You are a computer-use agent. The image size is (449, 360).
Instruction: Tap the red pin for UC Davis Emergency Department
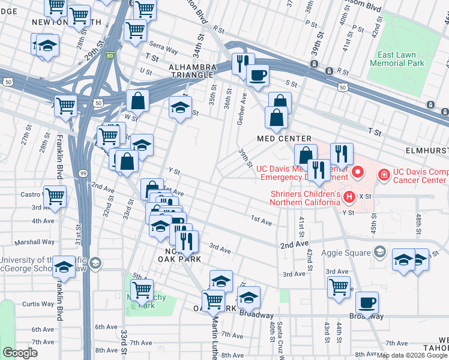coord(358,173)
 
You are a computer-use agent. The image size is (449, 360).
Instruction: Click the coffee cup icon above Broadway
coord(367,302)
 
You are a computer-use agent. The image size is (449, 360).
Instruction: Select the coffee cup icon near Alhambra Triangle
coord(258,75)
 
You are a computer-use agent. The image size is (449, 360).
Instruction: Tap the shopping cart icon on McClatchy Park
coord(142,290)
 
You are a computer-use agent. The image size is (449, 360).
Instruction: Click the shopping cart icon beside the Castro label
coord(55,196)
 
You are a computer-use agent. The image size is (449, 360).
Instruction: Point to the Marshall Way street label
coord(35,242)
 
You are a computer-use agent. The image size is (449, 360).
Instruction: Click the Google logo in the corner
coord(20,353)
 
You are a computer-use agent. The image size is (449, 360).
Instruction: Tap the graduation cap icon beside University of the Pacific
coord(64,266)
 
